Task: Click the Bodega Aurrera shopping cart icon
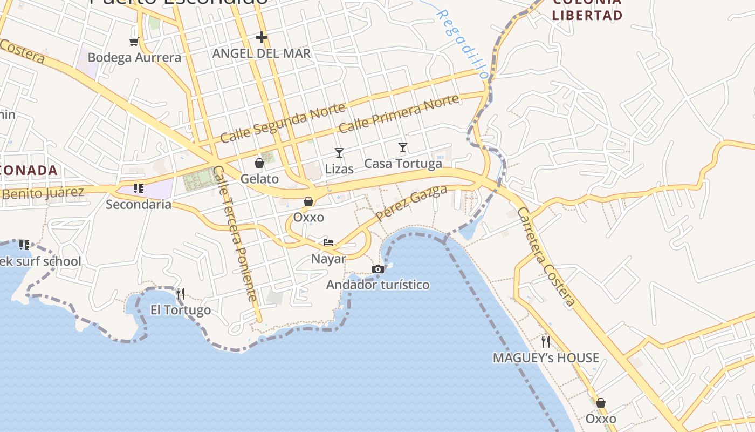click(x=134, y=41)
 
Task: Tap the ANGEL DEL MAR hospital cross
click(x=262, y=37)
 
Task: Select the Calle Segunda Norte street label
click(x=283, y=123)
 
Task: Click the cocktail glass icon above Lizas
click(x=339, y=153)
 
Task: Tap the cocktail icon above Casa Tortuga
click(x=403, y=147)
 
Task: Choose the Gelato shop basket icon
click(x=259, y=163)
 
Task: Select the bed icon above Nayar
click(x=328, y=242)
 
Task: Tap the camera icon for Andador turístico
click(x=378, y=269)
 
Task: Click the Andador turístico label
click(x=378, y=285)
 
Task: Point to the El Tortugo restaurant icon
click(x=180, y=294)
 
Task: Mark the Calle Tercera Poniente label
click(x=236, y=233)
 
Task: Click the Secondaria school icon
click(x=139, y=188)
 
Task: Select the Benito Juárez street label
click(x=43, y=193)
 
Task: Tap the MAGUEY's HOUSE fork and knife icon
click(x=546, y=341)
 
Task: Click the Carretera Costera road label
click(x=546, y=257)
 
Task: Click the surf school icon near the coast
click(x=24, y=245)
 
